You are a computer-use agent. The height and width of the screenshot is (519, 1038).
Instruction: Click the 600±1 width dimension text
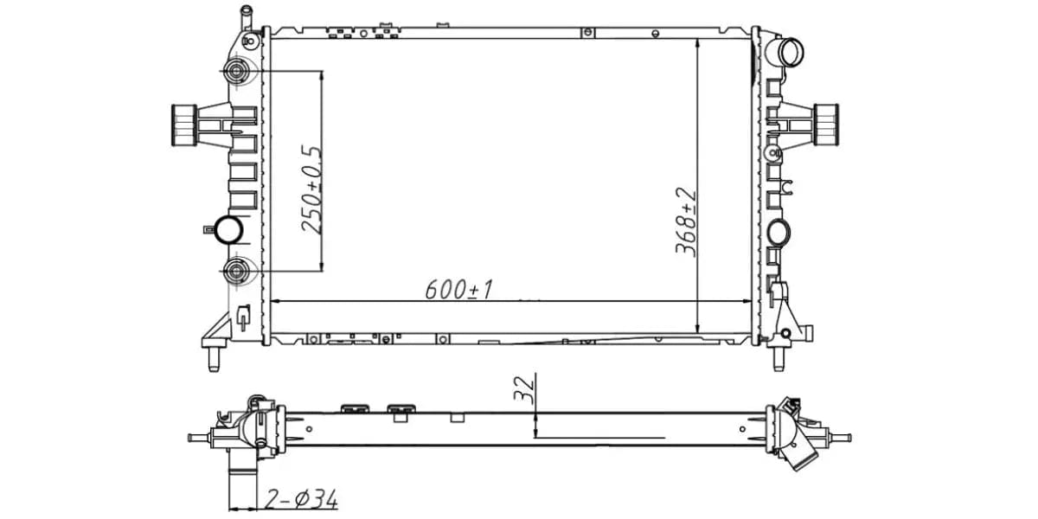coord(458,289)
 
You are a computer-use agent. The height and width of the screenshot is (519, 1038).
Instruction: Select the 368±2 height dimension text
coord(686,221)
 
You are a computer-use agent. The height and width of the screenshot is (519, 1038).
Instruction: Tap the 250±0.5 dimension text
coord(311,189)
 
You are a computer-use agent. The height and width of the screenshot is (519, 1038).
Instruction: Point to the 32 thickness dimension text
coord(524,390)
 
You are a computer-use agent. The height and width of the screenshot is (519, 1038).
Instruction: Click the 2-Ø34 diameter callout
coord(301,499)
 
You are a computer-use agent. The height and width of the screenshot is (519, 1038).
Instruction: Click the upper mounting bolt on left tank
coord(236,71)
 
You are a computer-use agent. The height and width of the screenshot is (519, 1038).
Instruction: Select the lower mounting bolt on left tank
coord(236,271)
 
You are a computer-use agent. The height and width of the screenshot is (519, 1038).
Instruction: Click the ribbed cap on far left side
coord(183,125)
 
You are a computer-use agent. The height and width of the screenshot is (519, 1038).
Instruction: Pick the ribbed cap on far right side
coord(826,125)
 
